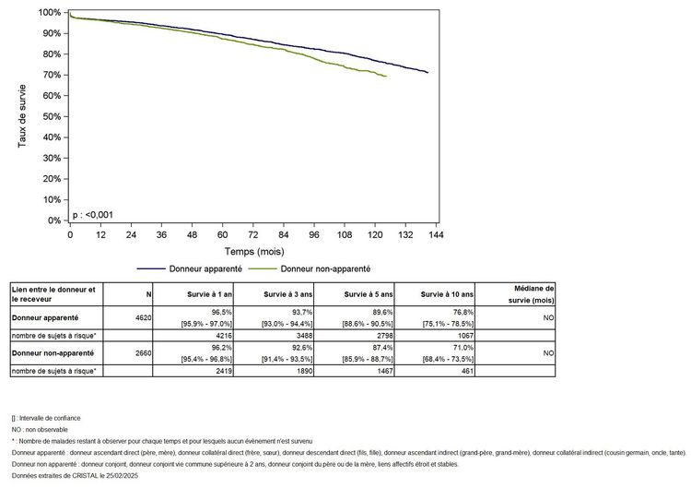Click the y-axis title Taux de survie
click(x=22, y=117)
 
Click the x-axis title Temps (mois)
click(x=254, y=250)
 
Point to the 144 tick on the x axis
click(x=436, y=234)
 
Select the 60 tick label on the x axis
click(x=222, y=234)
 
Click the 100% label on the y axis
click(x=50, y=12)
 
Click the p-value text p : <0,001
click(x=93, y=215)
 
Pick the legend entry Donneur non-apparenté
click(x=325, y=268)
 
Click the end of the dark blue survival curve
click(x=427, y=72)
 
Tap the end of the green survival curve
click(x=385, y=77)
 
